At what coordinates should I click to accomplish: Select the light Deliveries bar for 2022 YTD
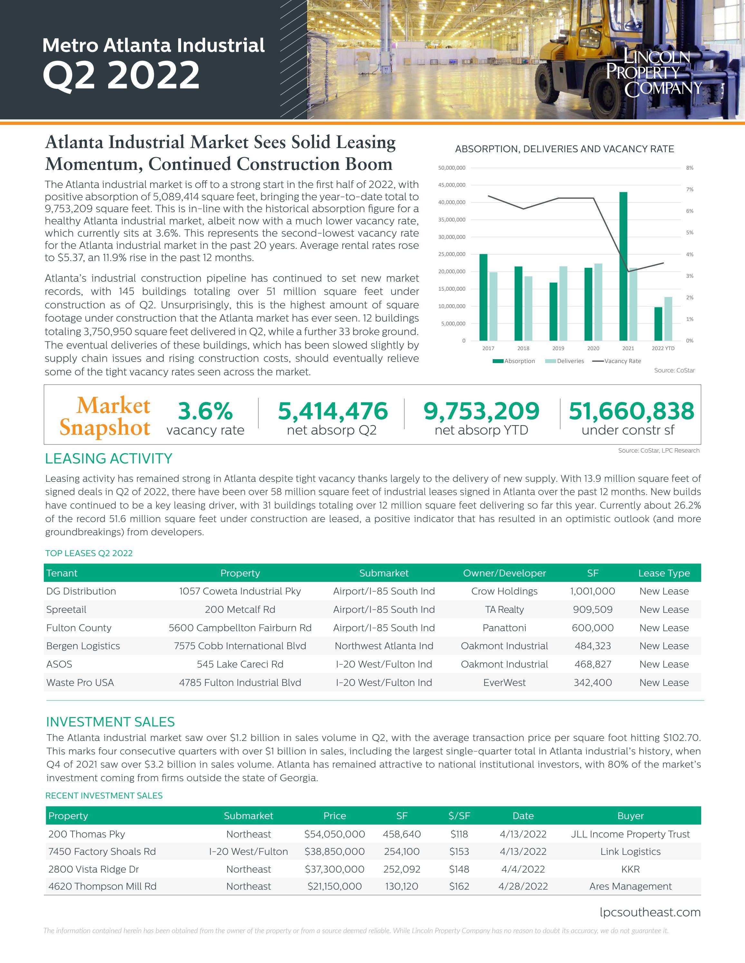[668, 319]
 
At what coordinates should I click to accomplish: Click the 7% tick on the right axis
[689, 190]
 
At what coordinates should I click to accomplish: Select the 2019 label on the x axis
[558, 348]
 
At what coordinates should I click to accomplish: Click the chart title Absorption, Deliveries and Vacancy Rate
[565, 149]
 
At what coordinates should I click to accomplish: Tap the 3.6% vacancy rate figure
[205, 411]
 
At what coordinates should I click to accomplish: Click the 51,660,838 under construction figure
[631, 411]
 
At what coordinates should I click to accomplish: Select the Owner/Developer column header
[505, 573]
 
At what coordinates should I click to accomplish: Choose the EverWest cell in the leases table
[505, 683]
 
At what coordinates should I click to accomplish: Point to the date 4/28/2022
[523, 887]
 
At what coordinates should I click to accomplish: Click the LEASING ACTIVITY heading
[109, 459]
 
